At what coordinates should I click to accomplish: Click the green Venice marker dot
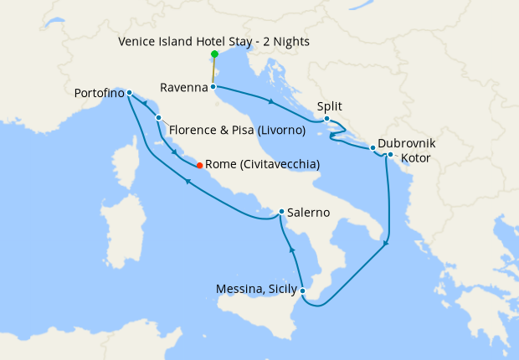(x=214, y=54)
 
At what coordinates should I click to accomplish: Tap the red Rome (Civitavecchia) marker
(x=199, y=165)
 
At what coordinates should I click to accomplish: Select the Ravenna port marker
(x=213, y=86)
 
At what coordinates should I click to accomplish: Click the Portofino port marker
(x=129, y=92)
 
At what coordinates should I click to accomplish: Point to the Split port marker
(x=326, y=119)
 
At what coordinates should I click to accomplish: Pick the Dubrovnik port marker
(x=373, y=148)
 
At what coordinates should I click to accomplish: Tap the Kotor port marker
(x=390, y=155)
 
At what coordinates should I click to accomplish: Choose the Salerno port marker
(x=281, y=212)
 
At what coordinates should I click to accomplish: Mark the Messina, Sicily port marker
(x=302, y=291)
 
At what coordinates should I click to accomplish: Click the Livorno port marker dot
(x=158, y=118)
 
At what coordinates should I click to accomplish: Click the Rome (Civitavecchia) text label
(x=262, y=165)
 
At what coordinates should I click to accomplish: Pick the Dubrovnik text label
(x=406, y=143)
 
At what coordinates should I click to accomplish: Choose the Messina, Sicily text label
(x=256, y=291)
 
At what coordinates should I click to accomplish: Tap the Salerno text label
(x=307, y=213)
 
